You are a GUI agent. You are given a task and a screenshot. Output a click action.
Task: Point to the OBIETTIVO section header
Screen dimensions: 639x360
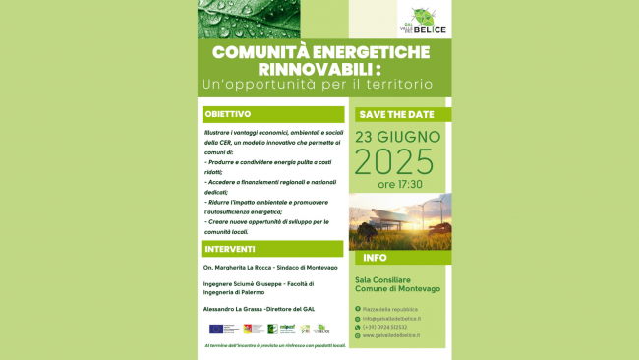click(228, 114)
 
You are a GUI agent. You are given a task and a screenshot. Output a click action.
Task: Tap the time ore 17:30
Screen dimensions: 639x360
click(400, 184)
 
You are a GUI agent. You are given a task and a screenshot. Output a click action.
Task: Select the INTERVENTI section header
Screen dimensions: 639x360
click(230, 249)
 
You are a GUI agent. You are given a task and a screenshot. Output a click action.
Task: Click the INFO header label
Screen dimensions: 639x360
click(374, 258)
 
